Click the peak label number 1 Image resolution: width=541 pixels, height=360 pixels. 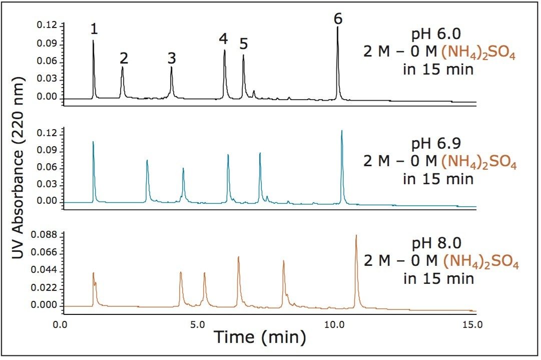tap(94, 30)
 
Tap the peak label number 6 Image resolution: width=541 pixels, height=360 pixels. tap(338, 19)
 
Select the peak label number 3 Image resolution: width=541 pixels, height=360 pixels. tap(172, 58)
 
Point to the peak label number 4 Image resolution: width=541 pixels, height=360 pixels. tap(223, 39)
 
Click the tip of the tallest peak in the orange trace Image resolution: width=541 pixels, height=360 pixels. tap(356, 235)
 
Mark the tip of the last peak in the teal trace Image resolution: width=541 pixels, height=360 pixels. tap(342, 131)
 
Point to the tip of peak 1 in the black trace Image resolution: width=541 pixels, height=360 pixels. tap(93, 41)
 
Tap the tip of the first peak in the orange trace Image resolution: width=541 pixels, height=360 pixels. tap(93, 273)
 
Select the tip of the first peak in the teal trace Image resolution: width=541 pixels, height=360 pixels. tap(93, 142)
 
